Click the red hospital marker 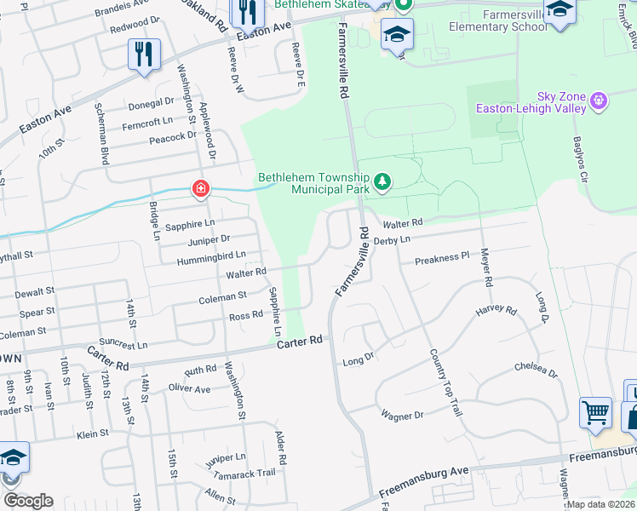pyautogui.click(x=200, y=188)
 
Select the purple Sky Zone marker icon pyautogui.click(x=600, y=100)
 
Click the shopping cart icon pyautogui.click(x=595, y=413)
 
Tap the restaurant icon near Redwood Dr pyautogui.click(x=141, y=55)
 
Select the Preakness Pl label pyautogui.click(x=442, y=256)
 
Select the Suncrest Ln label pyautogui.click(x=123, y=345)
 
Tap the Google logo pyautogui.click(x=28, y=501)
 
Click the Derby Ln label pyautogui.click(x=392, y=240)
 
